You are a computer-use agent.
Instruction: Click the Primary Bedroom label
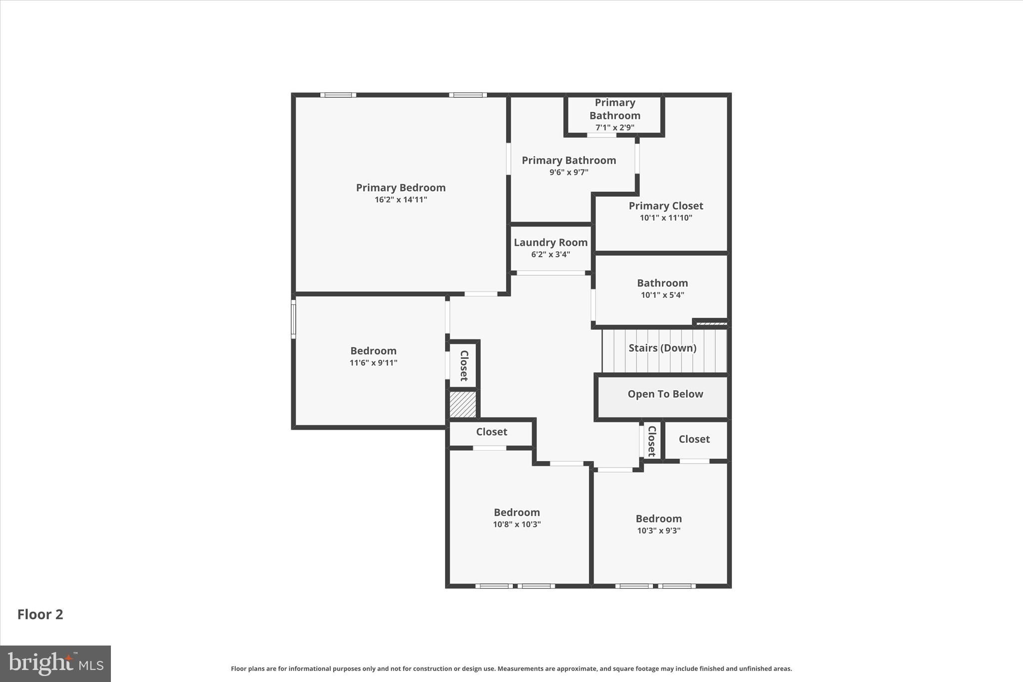[x=401, y=188]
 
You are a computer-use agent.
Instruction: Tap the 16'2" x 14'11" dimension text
[x=401, y=200]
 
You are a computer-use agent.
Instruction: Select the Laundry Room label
[x=550, y=243]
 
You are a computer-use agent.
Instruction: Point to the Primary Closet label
[x=665, y=206]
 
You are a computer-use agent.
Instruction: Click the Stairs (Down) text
[x=662, y=348]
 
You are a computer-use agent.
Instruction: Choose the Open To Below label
[x=665, y=394]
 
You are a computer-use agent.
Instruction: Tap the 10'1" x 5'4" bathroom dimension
[x=662, y=295]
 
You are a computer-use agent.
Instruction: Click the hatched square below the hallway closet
[x=463, y=405]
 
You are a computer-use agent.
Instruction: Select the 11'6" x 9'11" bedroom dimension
[x=373, y=363]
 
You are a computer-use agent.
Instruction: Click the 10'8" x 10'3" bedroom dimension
[x=516, y=525]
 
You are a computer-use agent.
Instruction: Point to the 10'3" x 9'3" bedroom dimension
[x=658, y=531]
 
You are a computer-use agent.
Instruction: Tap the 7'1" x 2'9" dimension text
[x=614, y=127]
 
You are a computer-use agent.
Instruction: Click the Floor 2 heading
[x=40, y=615]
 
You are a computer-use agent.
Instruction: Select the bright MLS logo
[x=55, y=664]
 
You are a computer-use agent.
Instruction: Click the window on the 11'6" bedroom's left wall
[x=294, y=319]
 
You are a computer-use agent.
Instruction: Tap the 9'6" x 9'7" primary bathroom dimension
[x=568, y=172]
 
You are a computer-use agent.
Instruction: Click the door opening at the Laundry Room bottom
[x=550, y=273]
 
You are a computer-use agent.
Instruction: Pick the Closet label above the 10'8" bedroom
[x=492, y=432]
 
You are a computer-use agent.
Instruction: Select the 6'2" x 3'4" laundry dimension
[x=550, y=255]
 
